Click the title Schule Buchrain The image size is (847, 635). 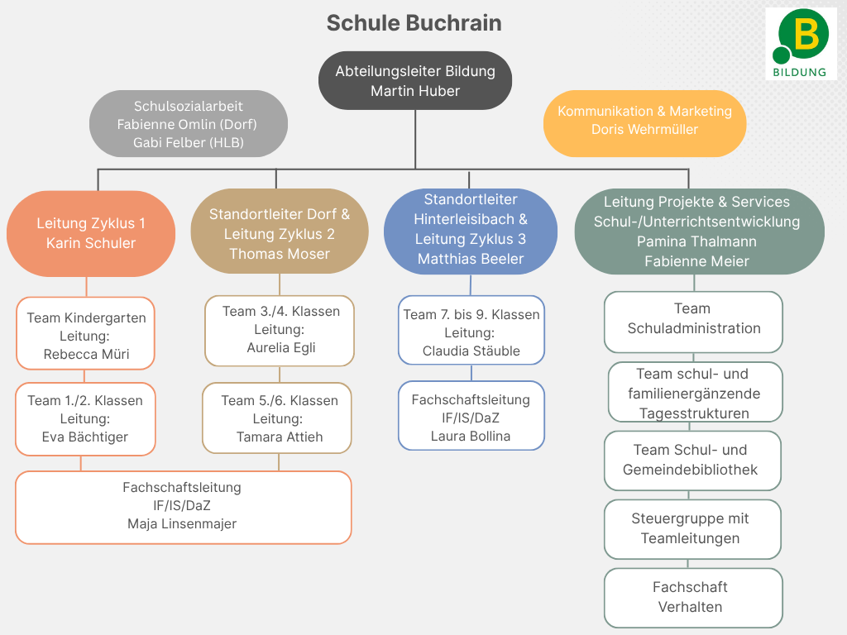pyautogui.click(x=414, y=23)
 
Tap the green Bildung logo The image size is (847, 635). pyautogui.click(x=801, y=44)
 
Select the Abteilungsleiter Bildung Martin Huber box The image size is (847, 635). pyautogui.click(x=415, y=81)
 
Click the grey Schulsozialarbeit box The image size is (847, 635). pyautogui.click(x=189, y=124)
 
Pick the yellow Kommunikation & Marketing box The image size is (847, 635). pyautogui.click(x=644, y=124)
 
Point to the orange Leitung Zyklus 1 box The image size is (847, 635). pyautogui.click(x=91, y=233)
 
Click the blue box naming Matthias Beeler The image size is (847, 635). pyautogui.click(x=471, y=232)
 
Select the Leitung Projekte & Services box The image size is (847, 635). pyautogui.click(x=700, y=232)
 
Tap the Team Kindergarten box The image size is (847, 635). pyautogui.click(x=85, y=333)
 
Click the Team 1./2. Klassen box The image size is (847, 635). pyautogui.click(x=85, y=419)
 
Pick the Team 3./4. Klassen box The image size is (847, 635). pyautogui.click(x=280, y=331)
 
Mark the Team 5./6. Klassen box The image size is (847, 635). pyautogui.click(x=277, y=418)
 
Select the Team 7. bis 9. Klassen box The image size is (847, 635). pyautogui.click(x=471, y=330)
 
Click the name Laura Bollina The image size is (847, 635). pyautogui.click(x=471, y=436)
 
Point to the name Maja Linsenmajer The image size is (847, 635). pyautogui.click(x=182, y=523)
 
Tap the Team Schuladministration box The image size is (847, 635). pyautogui.click(x=694, y=322)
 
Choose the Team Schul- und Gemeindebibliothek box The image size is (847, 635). pyautogui.click(x=692, y=461)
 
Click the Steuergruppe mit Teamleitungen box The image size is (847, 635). pyautogui.click(x=692, y=529)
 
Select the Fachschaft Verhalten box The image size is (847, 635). pyautogui.click(x=694, y=598)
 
